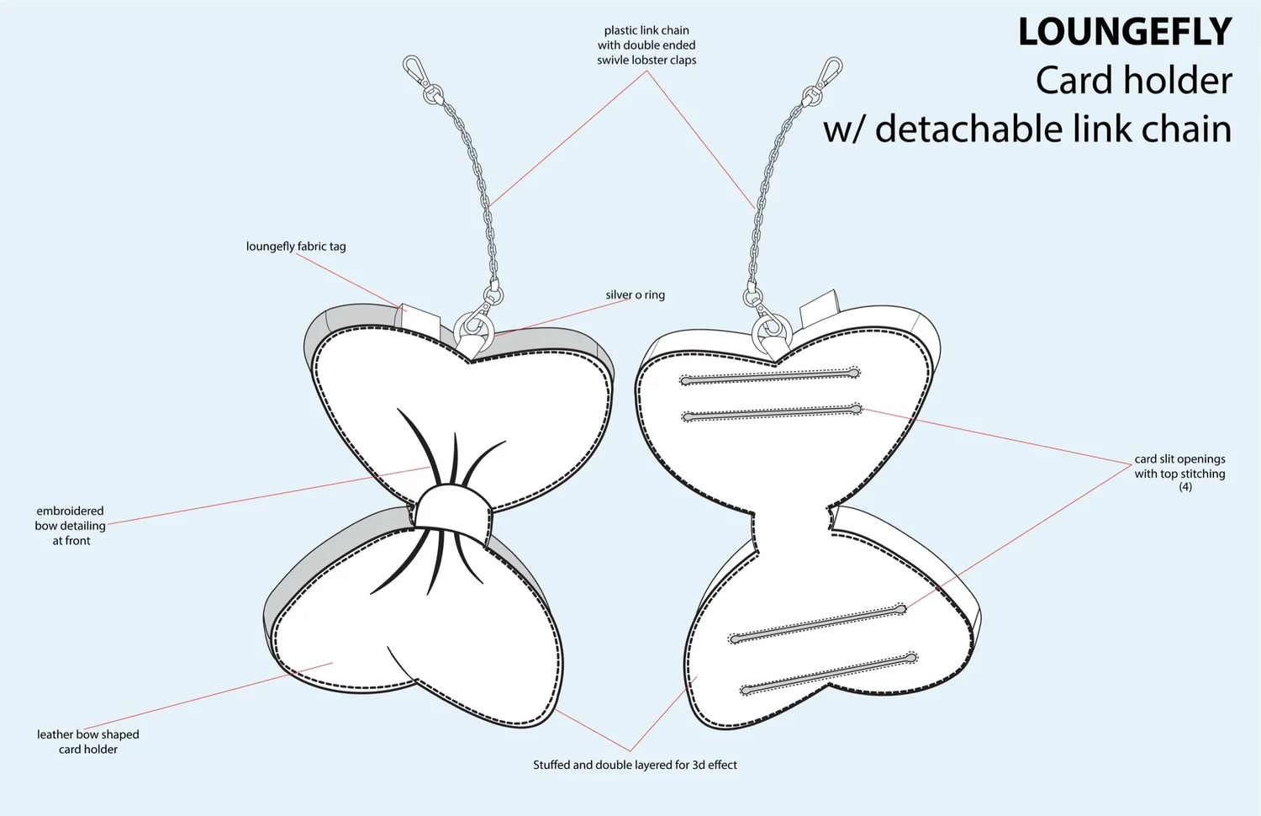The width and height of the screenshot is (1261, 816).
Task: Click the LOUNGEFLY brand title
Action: pos(1124,33)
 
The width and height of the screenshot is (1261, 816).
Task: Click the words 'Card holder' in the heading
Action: pos(1133,81)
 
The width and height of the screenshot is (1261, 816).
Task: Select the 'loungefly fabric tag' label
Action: pos(296,246)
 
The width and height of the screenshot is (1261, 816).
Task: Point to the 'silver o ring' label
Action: pos(635,295)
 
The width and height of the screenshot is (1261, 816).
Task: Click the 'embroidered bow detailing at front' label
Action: pos(71,526)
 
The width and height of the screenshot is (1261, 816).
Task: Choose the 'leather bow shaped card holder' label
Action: pos(88,742)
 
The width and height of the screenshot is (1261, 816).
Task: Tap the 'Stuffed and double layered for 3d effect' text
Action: pos(635,765)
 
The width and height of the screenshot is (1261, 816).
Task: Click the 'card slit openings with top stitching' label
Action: pos(1179,467)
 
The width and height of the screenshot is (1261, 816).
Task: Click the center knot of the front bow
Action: pos(452,511)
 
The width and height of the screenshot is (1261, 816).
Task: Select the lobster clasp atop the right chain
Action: pos(830,70)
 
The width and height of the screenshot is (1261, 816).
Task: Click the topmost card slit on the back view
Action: pos(770,376)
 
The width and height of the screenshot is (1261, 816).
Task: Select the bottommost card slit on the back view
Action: pos(828,674)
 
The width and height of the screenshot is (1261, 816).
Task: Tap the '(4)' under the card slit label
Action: pos(1184,487)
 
